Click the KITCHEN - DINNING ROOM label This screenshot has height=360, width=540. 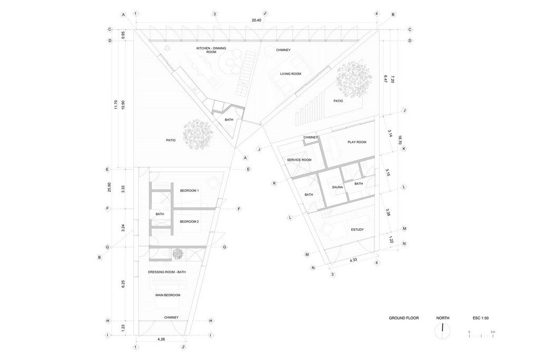click(211, 50)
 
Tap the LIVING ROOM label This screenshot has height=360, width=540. click(291, 74)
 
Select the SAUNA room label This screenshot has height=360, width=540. click(337, 187)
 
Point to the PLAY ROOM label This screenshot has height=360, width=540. click(357, 142)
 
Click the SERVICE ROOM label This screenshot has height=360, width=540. click(299, 160)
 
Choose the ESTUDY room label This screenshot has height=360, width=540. click(357, 230)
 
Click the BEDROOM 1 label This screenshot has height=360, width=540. click(189, 191)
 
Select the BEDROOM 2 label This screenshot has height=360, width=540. click(189, 222)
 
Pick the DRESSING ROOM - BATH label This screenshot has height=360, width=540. click(167, 272)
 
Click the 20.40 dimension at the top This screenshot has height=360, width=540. click(257, 21)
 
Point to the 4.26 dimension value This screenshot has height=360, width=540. click(161, 339)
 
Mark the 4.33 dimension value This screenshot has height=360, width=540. click(353, 260)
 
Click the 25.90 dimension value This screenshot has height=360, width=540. click(109, 187)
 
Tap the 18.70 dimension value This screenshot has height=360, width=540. click(400, 140)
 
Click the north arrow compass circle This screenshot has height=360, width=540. click(443, 332)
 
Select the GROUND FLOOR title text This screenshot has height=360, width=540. click(403, 318)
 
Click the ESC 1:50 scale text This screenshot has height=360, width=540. click(481, 318)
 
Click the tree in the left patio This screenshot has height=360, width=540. click(197, 134)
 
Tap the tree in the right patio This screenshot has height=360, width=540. click(354, 79)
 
